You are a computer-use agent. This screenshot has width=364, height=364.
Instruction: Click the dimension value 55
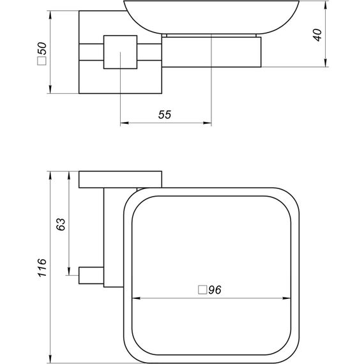(164, 114)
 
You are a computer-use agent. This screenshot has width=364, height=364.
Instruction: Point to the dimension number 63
(61, 224)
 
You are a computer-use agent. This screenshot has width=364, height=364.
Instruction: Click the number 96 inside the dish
(214, 289)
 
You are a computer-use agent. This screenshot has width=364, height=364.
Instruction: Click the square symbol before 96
(202, 289)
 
